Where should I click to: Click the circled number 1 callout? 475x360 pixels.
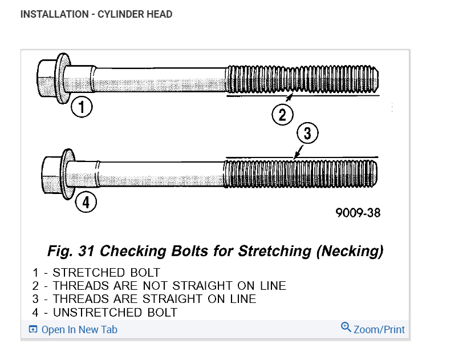82,107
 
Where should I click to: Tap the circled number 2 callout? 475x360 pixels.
282,115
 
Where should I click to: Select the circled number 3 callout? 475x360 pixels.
307,134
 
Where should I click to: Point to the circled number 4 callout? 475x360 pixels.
86,202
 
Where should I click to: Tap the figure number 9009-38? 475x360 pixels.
358,213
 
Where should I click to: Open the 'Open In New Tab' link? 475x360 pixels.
79,330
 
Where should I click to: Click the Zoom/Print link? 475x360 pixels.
379,330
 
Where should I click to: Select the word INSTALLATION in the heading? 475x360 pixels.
53,14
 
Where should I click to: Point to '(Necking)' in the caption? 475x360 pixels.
350,251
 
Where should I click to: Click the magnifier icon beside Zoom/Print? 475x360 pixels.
346,327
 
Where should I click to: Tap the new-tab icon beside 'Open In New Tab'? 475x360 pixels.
33,330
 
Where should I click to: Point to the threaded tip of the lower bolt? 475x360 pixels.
371,172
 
